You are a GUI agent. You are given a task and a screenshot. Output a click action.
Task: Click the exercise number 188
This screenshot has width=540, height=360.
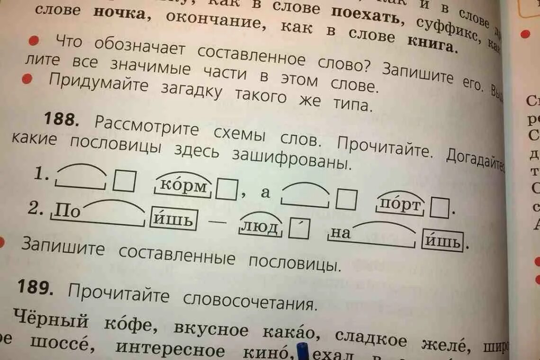pos(61,119)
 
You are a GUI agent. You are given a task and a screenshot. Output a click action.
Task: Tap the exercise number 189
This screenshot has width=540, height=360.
pos(35,287)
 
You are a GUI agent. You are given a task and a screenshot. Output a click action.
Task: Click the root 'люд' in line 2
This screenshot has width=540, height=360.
pos(260,228)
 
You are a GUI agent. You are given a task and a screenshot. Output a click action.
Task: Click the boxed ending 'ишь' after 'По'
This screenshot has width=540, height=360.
pos(173,220)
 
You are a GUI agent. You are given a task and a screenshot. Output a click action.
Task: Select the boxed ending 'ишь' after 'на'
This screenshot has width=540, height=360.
pos(442,242)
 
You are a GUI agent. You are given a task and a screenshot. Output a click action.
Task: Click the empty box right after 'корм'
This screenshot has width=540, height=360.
pos(226,190)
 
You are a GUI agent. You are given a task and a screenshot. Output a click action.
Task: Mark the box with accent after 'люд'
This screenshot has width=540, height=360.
pos(299,229)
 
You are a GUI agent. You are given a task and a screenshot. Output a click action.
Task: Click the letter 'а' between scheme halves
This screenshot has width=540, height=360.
pos(265,192)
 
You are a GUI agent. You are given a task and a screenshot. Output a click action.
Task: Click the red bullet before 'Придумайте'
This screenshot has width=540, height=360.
pos(27,79)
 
